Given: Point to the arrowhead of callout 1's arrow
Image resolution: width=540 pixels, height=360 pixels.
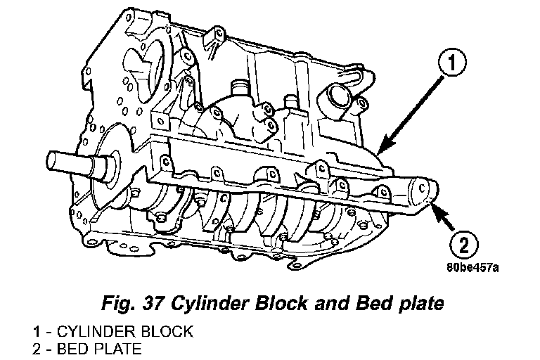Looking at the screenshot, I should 378,152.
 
